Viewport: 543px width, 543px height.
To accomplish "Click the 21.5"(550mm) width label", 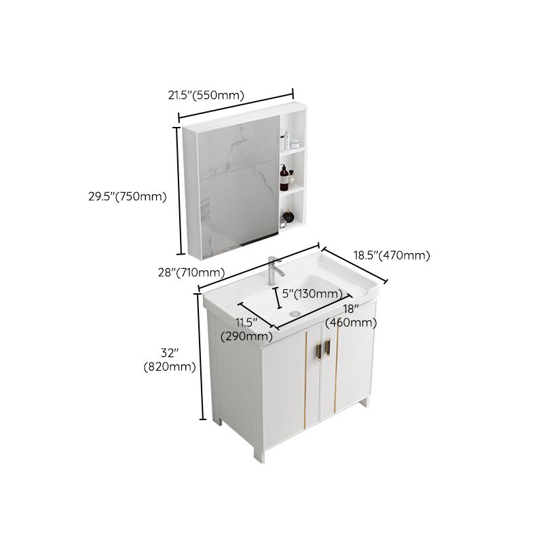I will (206, 96).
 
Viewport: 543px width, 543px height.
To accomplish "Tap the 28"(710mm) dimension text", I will (191, 272).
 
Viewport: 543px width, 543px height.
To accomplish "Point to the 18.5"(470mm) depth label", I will (392, 255).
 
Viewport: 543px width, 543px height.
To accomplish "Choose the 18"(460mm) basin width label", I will (351, 316).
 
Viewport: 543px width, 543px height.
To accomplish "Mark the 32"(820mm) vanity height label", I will (170, 360).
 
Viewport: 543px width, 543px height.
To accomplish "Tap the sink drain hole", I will (294, 313).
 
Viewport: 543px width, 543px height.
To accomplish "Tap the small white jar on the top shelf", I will (295, 143).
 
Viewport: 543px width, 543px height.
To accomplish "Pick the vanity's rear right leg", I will (369, 402).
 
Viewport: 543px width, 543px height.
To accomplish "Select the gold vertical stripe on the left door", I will (305, 380).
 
